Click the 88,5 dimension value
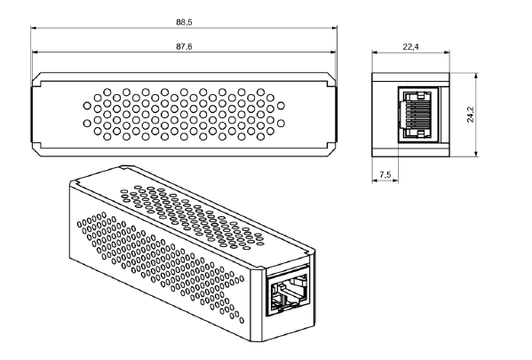click(x=184, y=22)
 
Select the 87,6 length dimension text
click(x=184, y=46)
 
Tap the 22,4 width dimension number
click(x=410, y=46)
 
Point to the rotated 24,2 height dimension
click(x=471, y=114)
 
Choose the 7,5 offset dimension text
click(x=385, y=174)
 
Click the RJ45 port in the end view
click(x=418, y=114)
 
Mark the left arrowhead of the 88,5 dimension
click(x=33, y=28)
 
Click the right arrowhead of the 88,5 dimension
click(x=335, y=28)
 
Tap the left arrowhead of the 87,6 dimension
click(x=36, y=52)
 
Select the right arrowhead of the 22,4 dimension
click(x=447, y=52)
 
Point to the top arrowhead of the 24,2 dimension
click(x=476, y=76)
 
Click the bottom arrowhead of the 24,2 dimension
click(x=476, y=154)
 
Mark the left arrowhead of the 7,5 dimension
click(x=375, y=180)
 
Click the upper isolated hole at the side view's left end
click(x=87, y=106)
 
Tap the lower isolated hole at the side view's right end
click(x=281, y=123)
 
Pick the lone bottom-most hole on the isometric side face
click(x=242, y=320)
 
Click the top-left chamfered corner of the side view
click(x=36, y=76)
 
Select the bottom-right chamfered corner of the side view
click(x=332, y=151)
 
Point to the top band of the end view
click(x=410, y=77)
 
